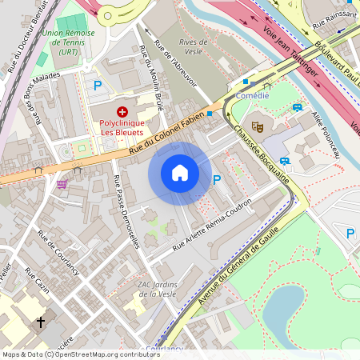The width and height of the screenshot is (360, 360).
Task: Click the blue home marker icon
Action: (180, 173)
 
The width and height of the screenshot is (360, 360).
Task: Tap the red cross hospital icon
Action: (122, 112)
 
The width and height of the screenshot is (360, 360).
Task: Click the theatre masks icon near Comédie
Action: (258, 126)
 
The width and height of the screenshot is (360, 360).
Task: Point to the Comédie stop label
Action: (252, 94)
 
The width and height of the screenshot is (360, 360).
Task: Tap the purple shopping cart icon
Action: (62, 184)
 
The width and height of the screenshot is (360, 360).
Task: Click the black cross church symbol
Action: (41, 322)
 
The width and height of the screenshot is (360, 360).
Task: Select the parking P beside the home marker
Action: (217, 179)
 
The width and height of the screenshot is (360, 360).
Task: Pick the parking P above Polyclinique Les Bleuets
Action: (98, 85)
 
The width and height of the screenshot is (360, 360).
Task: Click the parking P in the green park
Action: (350, 233)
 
